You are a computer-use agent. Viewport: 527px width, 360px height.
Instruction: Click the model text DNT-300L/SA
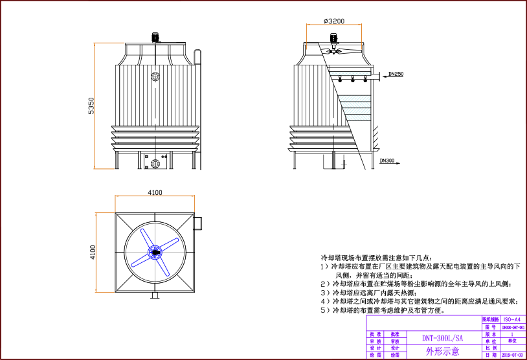pos(442,338)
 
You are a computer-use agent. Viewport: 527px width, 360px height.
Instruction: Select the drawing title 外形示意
pos(442,352)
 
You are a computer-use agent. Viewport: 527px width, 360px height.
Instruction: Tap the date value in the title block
pos(512,355)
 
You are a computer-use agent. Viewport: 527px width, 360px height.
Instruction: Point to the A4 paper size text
pos(512,320)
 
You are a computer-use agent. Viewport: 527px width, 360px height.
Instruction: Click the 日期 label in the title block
pos(491,355)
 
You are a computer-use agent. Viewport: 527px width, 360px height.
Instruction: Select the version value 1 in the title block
pos(512,334)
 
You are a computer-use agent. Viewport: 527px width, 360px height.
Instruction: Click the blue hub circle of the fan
pos(155,252)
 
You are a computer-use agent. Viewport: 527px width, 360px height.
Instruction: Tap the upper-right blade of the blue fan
pos(169,244)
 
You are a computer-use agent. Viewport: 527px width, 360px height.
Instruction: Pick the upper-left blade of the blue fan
pos(146,237)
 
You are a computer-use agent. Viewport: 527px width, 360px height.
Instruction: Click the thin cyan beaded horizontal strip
pos(350,74)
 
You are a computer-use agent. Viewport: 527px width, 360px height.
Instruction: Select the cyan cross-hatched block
pos(357,107)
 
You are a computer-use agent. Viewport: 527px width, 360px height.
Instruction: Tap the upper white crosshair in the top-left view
pos(155,76)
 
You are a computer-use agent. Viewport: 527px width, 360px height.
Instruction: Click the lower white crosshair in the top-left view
pos(155,164)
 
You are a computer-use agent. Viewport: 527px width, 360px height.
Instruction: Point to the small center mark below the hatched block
pos(344,164)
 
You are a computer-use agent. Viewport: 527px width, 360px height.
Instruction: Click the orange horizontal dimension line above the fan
pos(155,196)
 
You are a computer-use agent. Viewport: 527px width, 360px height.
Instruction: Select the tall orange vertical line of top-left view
pos(95,106)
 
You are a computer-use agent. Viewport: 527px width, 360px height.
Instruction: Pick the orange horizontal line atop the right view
pos(334,25)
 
